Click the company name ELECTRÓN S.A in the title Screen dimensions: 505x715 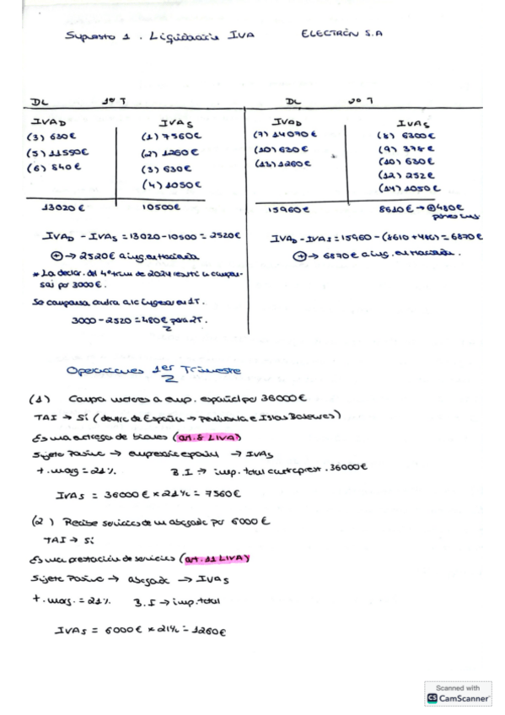pyautogui.click(x=341, y=35)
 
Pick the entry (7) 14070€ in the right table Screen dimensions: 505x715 pyautogui.click(x=285, y=134)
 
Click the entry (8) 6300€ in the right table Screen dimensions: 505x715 pyautogui.click(x=406, y=134)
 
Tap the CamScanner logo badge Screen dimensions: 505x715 pyautogui.click(x=458, y=694)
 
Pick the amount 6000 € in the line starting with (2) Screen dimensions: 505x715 pyautogui.click(x=248, y=523)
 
